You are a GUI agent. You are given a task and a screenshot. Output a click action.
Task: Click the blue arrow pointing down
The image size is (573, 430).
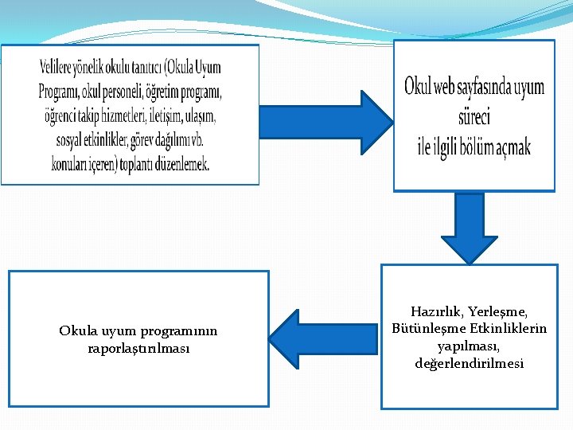469,225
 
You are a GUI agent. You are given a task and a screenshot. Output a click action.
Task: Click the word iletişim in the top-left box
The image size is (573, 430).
160,117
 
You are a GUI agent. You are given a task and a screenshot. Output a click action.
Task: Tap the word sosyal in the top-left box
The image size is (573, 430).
73,141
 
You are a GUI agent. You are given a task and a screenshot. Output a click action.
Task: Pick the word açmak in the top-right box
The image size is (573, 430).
510,146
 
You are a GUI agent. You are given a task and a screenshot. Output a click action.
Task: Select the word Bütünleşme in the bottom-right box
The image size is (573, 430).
430,329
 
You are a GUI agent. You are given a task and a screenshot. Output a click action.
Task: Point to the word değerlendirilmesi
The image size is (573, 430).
469,364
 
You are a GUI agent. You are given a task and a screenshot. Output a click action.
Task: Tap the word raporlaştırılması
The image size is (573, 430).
138,348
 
